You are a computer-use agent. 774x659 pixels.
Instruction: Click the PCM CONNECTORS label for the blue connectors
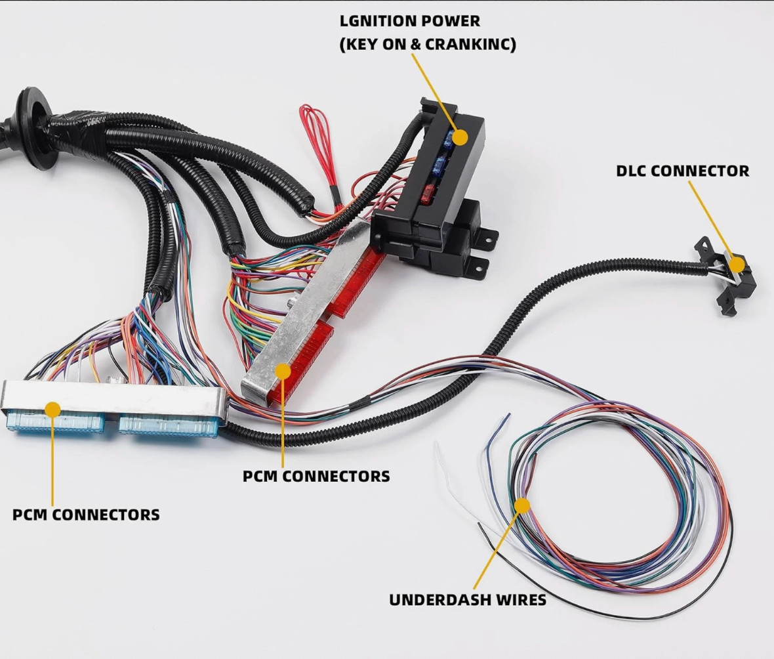(x=86, y=515)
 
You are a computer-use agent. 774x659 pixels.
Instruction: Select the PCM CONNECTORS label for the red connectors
(x=316, y=477)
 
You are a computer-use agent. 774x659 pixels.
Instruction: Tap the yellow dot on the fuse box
(x=460, y=137)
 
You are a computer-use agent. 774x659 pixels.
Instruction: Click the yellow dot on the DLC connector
(x=737, y=265)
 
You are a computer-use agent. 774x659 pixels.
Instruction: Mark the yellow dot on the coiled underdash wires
(x=521, y=505)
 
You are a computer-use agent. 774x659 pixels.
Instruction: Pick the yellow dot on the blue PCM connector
(x=52, y=410)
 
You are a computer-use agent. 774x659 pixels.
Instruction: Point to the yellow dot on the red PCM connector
(x=283, y=371)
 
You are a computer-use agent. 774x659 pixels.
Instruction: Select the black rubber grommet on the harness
(x=35, y=129)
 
